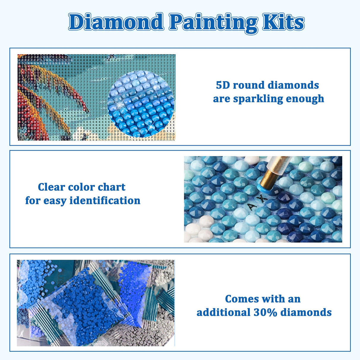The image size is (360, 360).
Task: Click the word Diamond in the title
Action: [x=116, y=22]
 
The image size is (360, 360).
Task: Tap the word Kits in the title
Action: [x=283, y=22]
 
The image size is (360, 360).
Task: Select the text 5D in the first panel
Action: [x=222, y=85]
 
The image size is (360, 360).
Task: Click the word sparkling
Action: [x=265, y=99]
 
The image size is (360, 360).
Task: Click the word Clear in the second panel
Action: [x=51, y=187]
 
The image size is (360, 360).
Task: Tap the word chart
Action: [x=111, y=187]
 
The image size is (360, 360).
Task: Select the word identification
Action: [x=105, y=201]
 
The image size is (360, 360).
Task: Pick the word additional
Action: [x=224, y=312]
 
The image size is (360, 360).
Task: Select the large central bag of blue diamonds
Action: [x=86, y=305]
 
